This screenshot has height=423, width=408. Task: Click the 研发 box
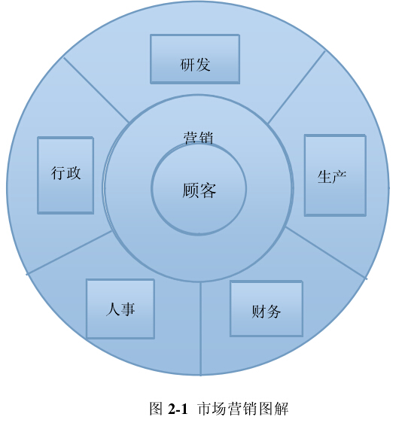pyautogui.click(x=195, y=59)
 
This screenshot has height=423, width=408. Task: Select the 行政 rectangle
pyautogui.click(x=65, y=175)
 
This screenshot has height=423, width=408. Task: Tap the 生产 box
pyautogui.click(x=335, y=175)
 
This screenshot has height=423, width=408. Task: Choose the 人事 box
pyautogui.click(x=120, y=309)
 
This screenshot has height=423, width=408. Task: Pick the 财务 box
pyautogui.click(x=266, y=309)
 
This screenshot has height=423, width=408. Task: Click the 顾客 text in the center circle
pyautogui.click(x=199, y=190)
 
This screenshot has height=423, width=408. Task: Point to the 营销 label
pyautogui.click(x=199, y=138)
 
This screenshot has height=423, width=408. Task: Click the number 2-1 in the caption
pyautogui.click(x=178, y=409)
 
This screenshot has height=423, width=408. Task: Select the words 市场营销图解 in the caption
pyautogui.click(x=243, y=409)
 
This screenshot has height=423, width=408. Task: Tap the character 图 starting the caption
pyautogui.click(x=157, y=409)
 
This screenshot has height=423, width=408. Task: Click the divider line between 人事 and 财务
pyautogui.click(x=201, y=329)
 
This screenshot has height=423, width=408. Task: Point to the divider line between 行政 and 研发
pyautogui.click(x=96, y=90)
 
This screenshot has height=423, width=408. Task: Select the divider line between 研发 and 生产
pyautogui.click(x=297, y=87)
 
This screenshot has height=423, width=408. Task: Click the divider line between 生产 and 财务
pyautogui.click(x=326, y=252)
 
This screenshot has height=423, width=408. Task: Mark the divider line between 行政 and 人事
pyautogui.click(x=69, y=252)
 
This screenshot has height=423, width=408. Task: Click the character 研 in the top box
pyautogui.click(x=187, y=65)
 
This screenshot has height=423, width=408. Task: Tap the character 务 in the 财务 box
pyautogui.click(x=274, y=312)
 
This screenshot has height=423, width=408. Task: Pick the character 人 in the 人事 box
pyautogui.click(x=112, y=309)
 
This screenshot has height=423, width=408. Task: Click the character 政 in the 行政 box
pyautogui.click(x=74, y=172)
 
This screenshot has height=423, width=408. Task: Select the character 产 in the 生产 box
pyautogui.click(x=339, y=177)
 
